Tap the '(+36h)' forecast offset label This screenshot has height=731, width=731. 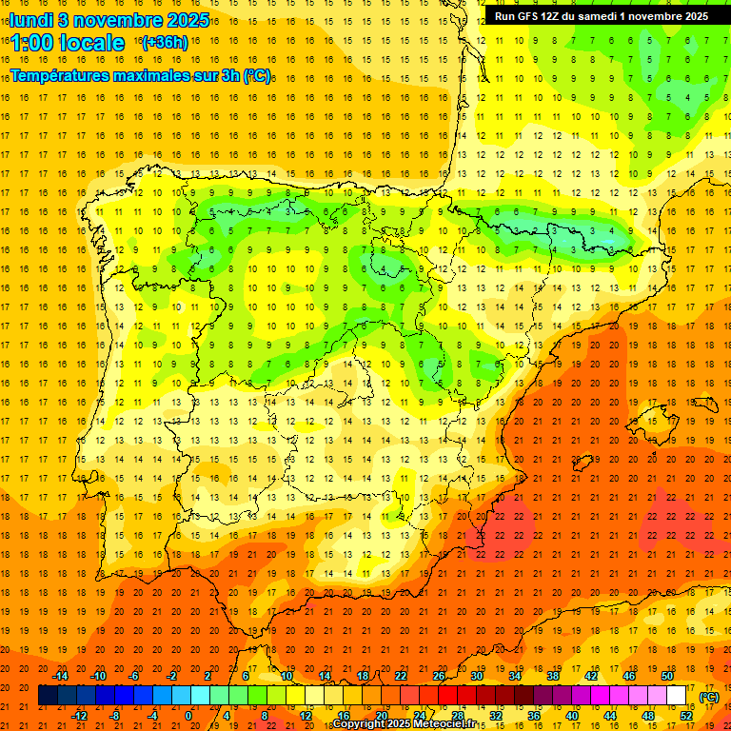click(x=165, y=42)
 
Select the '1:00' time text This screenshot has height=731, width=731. click(x=33, y=43)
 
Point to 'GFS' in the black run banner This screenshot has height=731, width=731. click(x=534, y=16)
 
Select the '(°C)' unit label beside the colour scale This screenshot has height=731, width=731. click(x=708, y=697)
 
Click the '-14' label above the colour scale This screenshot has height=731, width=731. click(x=61, y=676)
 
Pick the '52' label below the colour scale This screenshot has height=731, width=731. click(x=686, y=716)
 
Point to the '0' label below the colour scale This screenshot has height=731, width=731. click(x=188, y=716)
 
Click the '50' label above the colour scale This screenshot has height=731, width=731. click(x=667, y=676)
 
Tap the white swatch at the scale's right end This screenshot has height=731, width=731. click(x=677, y=696)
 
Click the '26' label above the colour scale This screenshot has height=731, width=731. click(x=439, y=676)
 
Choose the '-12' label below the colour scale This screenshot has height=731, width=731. click(x=80, y=716)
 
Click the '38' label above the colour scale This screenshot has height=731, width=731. click(x=553, y=676)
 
